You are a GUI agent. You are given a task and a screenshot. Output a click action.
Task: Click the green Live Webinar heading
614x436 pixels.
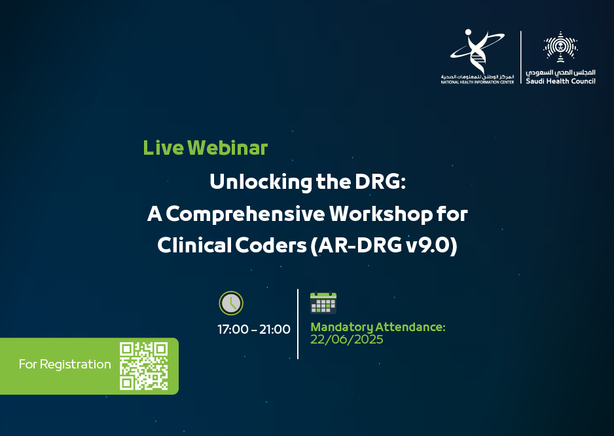coord(205,148)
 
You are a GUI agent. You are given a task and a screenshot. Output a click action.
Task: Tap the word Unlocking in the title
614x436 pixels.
coord(261,182)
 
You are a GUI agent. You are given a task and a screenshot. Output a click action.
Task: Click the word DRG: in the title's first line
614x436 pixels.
coord(380,182)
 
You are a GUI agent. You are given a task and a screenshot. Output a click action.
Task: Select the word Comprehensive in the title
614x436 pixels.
coord(245,214)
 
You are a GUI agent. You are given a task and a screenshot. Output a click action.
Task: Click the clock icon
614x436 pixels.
coord(231,303)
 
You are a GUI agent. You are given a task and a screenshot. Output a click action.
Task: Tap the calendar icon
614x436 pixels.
coord(323,303)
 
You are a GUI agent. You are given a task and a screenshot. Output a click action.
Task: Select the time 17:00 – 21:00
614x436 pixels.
coord(254,329)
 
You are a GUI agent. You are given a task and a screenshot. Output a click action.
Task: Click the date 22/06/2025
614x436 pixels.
coord(346,340)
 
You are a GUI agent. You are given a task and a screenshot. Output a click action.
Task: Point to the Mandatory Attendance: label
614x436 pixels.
coord(378,327)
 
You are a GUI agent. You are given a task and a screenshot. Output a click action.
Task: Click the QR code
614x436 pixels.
coord(144,367)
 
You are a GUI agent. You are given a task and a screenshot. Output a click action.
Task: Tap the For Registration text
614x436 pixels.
coord(65,365)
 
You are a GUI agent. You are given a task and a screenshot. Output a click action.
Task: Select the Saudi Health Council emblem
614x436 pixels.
coord(560,47)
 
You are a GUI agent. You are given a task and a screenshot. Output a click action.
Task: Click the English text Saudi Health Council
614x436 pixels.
coord(560,81)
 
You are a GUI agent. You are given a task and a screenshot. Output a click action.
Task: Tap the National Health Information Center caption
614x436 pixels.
coord(477,83)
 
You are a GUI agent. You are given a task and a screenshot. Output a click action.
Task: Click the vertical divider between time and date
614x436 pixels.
coord(298,324)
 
